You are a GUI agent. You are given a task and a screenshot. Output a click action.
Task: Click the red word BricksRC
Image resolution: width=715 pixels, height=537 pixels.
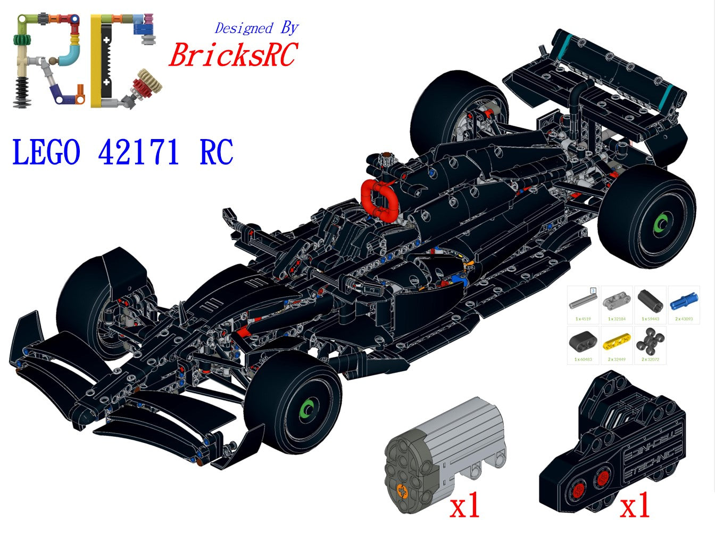[232, 55]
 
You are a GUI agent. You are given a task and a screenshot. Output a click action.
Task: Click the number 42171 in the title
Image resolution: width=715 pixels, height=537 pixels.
[138, 152]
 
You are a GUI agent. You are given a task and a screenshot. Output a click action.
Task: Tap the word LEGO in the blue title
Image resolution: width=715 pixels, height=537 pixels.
[46, 152]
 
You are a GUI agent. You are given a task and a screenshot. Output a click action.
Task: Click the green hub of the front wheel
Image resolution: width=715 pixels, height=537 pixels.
[307, 409]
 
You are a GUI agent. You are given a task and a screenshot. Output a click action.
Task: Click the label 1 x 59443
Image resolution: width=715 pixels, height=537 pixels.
[650, 319]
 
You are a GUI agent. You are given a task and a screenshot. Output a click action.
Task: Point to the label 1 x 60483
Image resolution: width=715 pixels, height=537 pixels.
[583, 360]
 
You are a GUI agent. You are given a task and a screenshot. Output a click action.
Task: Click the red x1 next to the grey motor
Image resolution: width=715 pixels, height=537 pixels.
[465, 506]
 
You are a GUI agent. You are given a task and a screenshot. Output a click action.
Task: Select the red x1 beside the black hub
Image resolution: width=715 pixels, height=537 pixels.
[635, 506]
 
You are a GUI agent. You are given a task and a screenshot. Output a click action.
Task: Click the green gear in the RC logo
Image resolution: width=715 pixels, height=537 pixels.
[23, 41]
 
